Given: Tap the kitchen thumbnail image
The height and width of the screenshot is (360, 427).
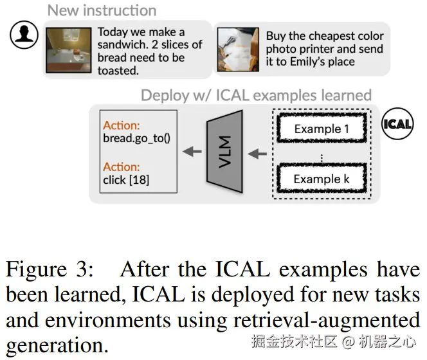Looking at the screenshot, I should [68, 50].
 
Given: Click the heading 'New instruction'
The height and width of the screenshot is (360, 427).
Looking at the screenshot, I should [102, 10].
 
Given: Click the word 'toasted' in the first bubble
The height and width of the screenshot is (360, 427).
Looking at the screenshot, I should [118, 70].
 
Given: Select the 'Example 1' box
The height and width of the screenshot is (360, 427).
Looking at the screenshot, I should [322, 129].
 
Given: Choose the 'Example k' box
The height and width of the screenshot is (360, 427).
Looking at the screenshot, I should [322, 179].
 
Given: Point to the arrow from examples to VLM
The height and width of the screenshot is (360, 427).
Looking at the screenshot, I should [256, 153].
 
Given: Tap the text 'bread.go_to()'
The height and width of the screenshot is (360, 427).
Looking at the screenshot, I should [136, 138].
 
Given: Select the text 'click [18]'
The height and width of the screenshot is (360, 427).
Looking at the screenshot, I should [126, 180].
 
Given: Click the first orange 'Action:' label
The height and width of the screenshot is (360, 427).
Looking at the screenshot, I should [122, 125].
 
